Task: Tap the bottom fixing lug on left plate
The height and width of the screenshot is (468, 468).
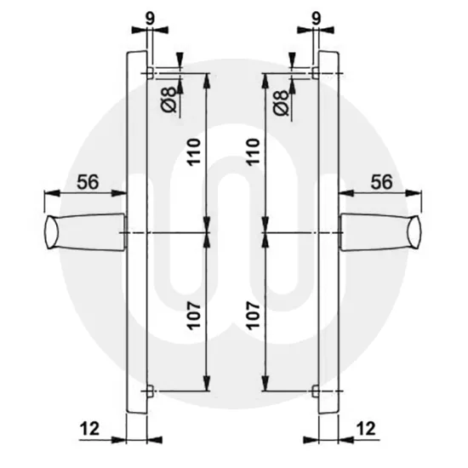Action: coord(151,391)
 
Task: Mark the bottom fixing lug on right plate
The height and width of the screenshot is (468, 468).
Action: coord(317,391)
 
